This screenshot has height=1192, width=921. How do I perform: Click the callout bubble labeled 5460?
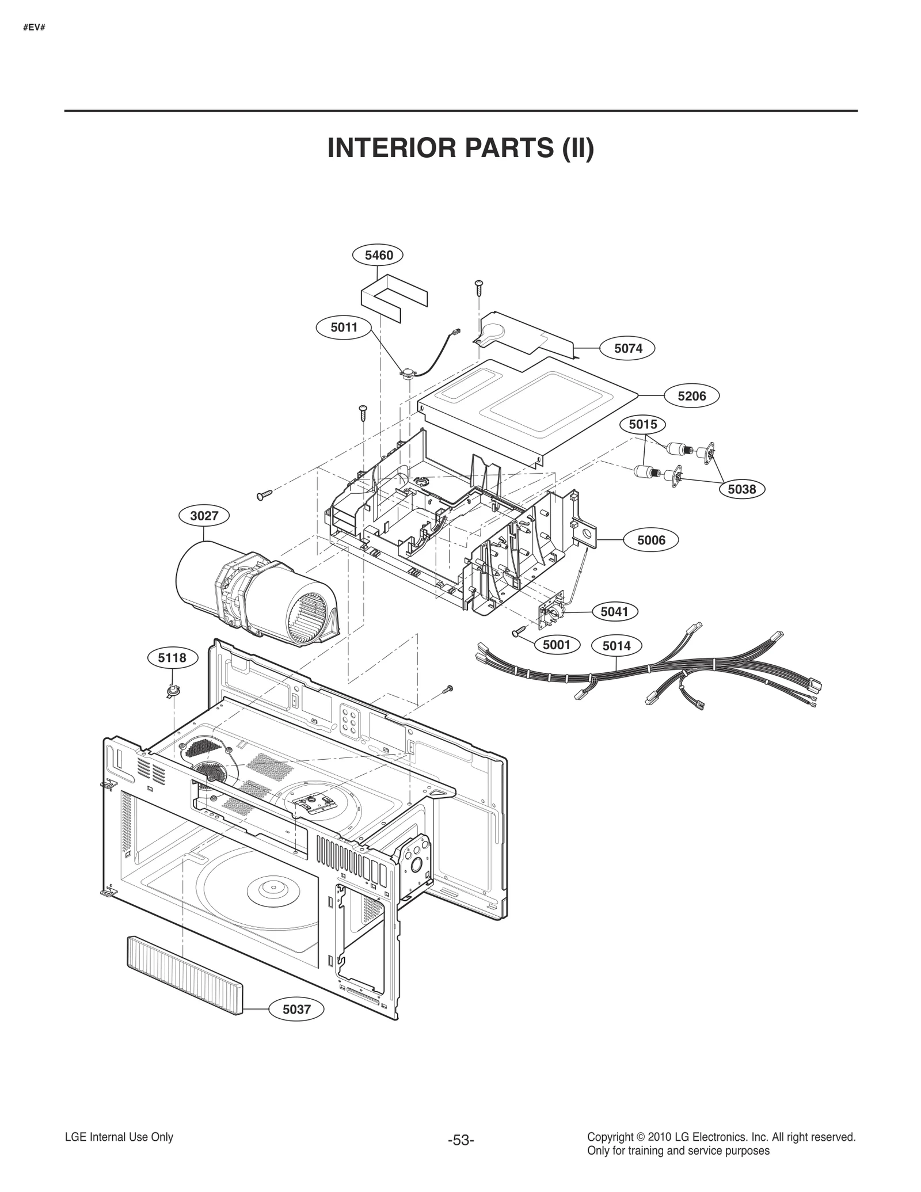point(378,255)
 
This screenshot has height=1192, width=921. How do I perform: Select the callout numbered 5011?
point(344,327)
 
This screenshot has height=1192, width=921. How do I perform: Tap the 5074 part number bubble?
point(628,348)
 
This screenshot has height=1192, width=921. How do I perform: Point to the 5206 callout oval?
point(691,396)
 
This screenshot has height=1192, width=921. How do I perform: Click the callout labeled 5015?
point(642,425)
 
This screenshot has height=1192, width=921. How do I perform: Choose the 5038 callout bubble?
point(741,489)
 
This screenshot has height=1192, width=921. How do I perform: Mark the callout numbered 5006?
point(651,540)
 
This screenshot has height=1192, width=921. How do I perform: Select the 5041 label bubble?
point(614,612)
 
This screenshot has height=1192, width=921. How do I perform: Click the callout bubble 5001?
point(556,645)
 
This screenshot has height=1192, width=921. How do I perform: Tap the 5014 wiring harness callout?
point(616,646)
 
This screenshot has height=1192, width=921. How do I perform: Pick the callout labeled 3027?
point(204,516)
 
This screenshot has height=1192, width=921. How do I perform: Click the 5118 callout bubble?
point(172,658)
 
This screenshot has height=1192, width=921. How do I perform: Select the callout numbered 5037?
point(296,1009)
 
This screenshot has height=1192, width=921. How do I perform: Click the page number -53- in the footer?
point(461,1140)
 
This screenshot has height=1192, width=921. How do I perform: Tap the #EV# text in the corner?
point(34,27)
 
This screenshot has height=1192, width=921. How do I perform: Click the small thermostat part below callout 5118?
point(173,691)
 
